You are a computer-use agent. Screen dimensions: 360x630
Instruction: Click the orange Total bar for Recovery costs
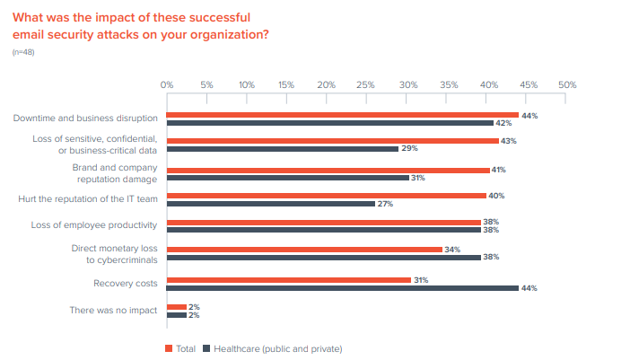[x=288, y=280]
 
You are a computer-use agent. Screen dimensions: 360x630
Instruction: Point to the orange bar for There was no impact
[x=176, y=307]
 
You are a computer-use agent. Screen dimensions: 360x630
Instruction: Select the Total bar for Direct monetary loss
[x=304, y=249]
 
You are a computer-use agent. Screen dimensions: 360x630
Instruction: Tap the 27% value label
[x=384, y=204]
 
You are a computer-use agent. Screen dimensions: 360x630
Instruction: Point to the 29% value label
[x=407, y=149]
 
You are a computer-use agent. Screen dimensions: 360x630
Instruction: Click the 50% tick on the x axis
[x=567, y=84]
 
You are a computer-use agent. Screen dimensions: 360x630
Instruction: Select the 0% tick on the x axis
[x=167, y=84]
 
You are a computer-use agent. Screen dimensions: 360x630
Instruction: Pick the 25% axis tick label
[x=366, y=84]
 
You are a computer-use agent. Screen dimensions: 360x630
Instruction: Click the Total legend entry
[x=182, y=347]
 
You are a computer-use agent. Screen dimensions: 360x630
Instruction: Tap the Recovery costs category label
[x=127, y=283]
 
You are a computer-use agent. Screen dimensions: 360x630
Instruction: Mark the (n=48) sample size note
[x=23, y=53]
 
